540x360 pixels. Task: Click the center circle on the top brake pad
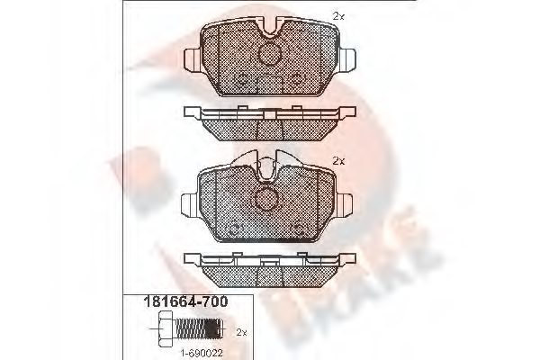[269, 57]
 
